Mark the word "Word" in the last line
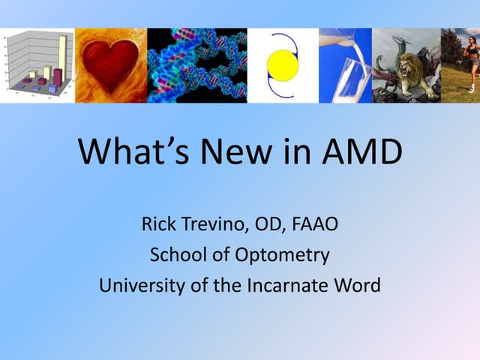pyautogui.click(x=358, y=285)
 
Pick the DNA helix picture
pyautogui.click(x=197, y=65)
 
